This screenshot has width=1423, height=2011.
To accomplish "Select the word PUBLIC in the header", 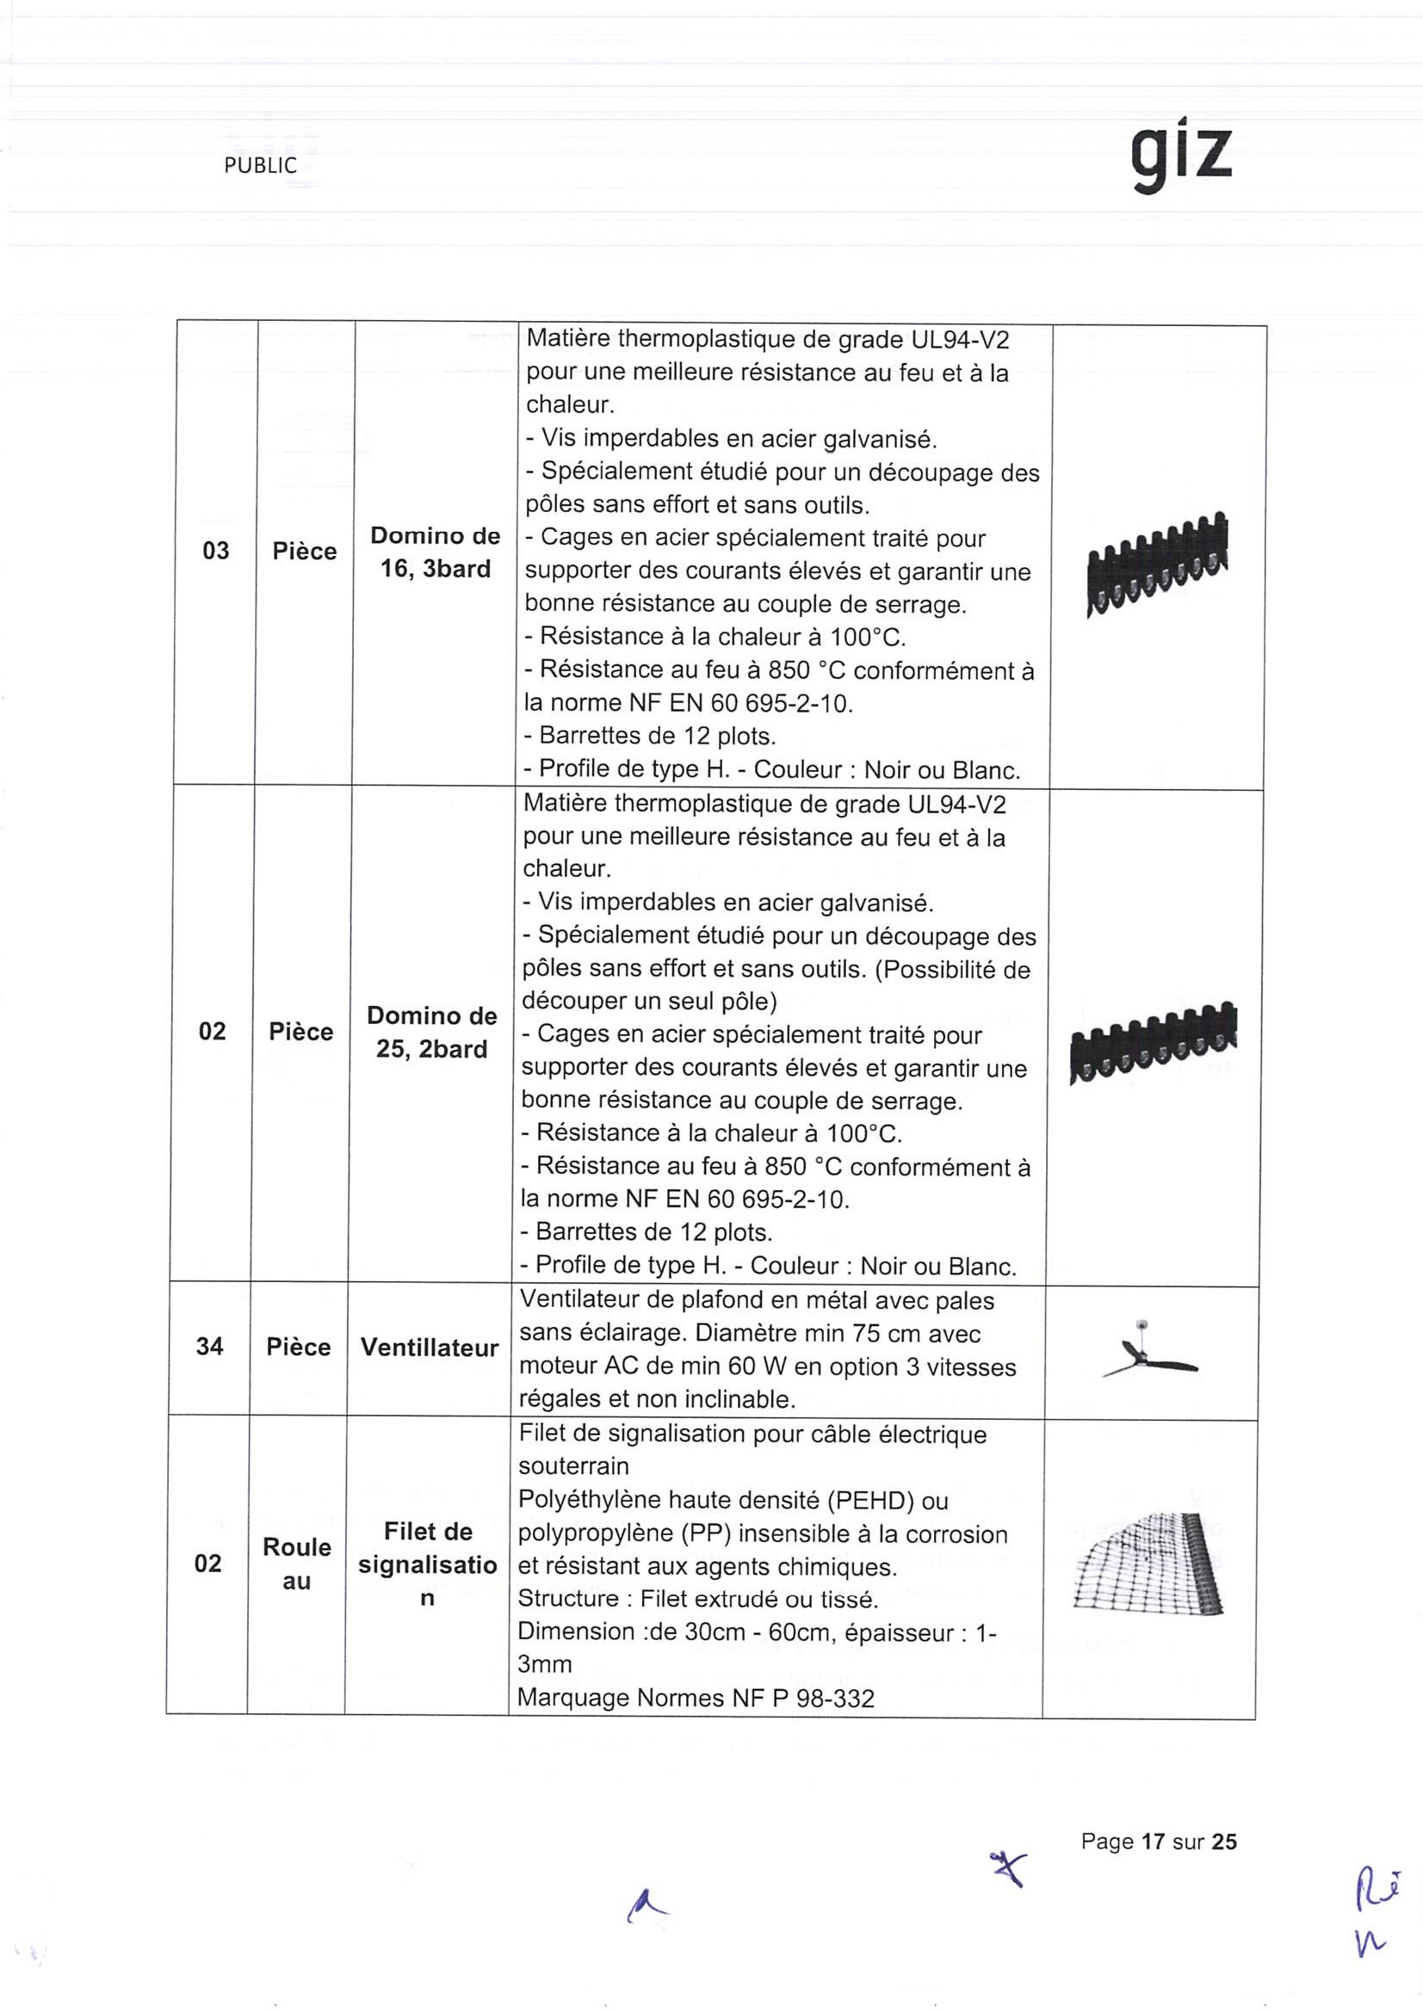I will coord(260,165).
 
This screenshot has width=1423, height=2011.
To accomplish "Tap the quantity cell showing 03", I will coord(215,551).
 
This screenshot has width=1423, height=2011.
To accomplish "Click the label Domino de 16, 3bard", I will coord(436,552).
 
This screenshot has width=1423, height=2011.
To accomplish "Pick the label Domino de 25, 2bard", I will coord(432,1032).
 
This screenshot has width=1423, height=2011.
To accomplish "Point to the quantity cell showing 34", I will coord(209,1346).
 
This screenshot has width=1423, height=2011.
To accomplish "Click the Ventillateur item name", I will coord(430,1347).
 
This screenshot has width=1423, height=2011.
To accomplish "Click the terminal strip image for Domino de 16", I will coord(1157,565).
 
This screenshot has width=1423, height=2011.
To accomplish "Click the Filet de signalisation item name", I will coord(428,1564).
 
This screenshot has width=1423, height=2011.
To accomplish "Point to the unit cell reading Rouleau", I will coord(297,1564).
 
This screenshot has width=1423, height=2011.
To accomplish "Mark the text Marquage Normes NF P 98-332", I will coord(696,1699).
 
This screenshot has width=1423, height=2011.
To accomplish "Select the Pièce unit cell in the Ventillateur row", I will coord(299,1346).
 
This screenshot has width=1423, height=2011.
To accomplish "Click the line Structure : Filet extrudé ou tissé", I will coord(697,1599).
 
